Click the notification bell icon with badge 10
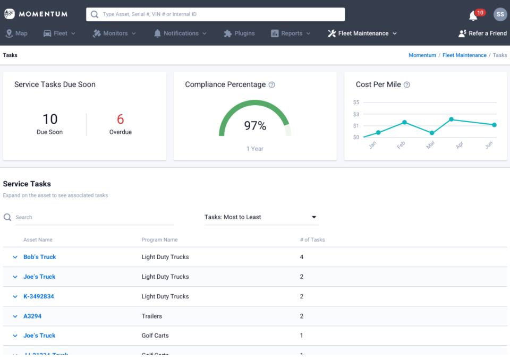(x=473, y=16)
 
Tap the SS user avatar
(x=500, y=14)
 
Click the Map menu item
(x=16, y=33)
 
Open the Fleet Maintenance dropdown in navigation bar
(x=362, y=33)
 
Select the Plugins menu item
(x=239, y=33)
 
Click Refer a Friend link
(x=482, y=33)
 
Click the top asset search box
(x=215, y=14)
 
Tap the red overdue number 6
(x=121, y=119)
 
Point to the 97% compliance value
(x=255, y=126)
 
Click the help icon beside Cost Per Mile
(x=407, y=85)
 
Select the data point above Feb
(x=404, y=123)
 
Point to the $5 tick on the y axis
(x=356, y=102)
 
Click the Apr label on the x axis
(x=460, y=145)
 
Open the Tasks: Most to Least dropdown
(x=261, y=217)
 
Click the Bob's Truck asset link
(x=40, y=257)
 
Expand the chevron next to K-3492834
(x=15, y=297)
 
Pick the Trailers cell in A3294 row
(x=152, y=316)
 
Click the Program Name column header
(x=159, y=240)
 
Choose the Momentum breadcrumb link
(x=422, y=55)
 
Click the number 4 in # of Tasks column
(x=302, y=257)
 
